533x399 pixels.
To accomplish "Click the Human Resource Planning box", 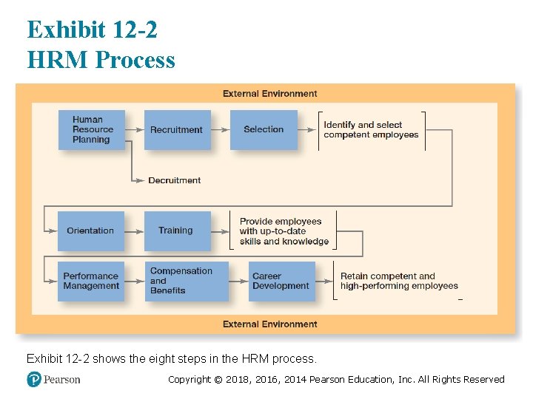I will pyautogui.click(x=91, y=130).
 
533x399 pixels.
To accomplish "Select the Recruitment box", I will pyautogui.click(x=177, y=130).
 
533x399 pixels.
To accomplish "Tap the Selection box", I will pyautogui.click(x=264, y=130).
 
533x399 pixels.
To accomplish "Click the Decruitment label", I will pyautogui.click(x=174, y=180).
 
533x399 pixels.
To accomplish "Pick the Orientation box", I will pyautogui.click(x=90, y=231).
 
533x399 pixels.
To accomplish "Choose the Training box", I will pyautogui.click(x=176, y=231).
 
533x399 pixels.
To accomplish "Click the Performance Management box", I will pyautogui.click(x=91, y=281).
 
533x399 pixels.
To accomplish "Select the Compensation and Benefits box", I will pyautogui.click(x=187, y=281).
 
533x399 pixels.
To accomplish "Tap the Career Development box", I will pyautogui.click(x=282, y=281).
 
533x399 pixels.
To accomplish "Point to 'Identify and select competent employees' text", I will pyautogui.click(x=371, y=130).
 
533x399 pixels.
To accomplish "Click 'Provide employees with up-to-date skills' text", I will pyautogui.click(x=284, y=231).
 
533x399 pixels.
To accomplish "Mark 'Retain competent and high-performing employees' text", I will pyautogui.click(x=398, y=281).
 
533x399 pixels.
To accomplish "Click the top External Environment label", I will pyautogui.click(x=269, y=94).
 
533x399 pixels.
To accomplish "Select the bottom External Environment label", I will pyautogui.click(x=269, y=324).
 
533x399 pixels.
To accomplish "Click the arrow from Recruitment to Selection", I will pyautogui.click(x=221, y=130).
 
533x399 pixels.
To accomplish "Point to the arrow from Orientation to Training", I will pyautogui.click(x=134, y=231).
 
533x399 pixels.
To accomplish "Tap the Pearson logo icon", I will pyautogui.click(x=33, y=379).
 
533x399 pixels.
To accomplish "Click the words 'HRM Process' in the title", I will pyautogui.click(x=101, y=59).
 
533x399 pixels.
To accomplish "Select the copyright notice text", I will pyautogui.click(x=336, y=380).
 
